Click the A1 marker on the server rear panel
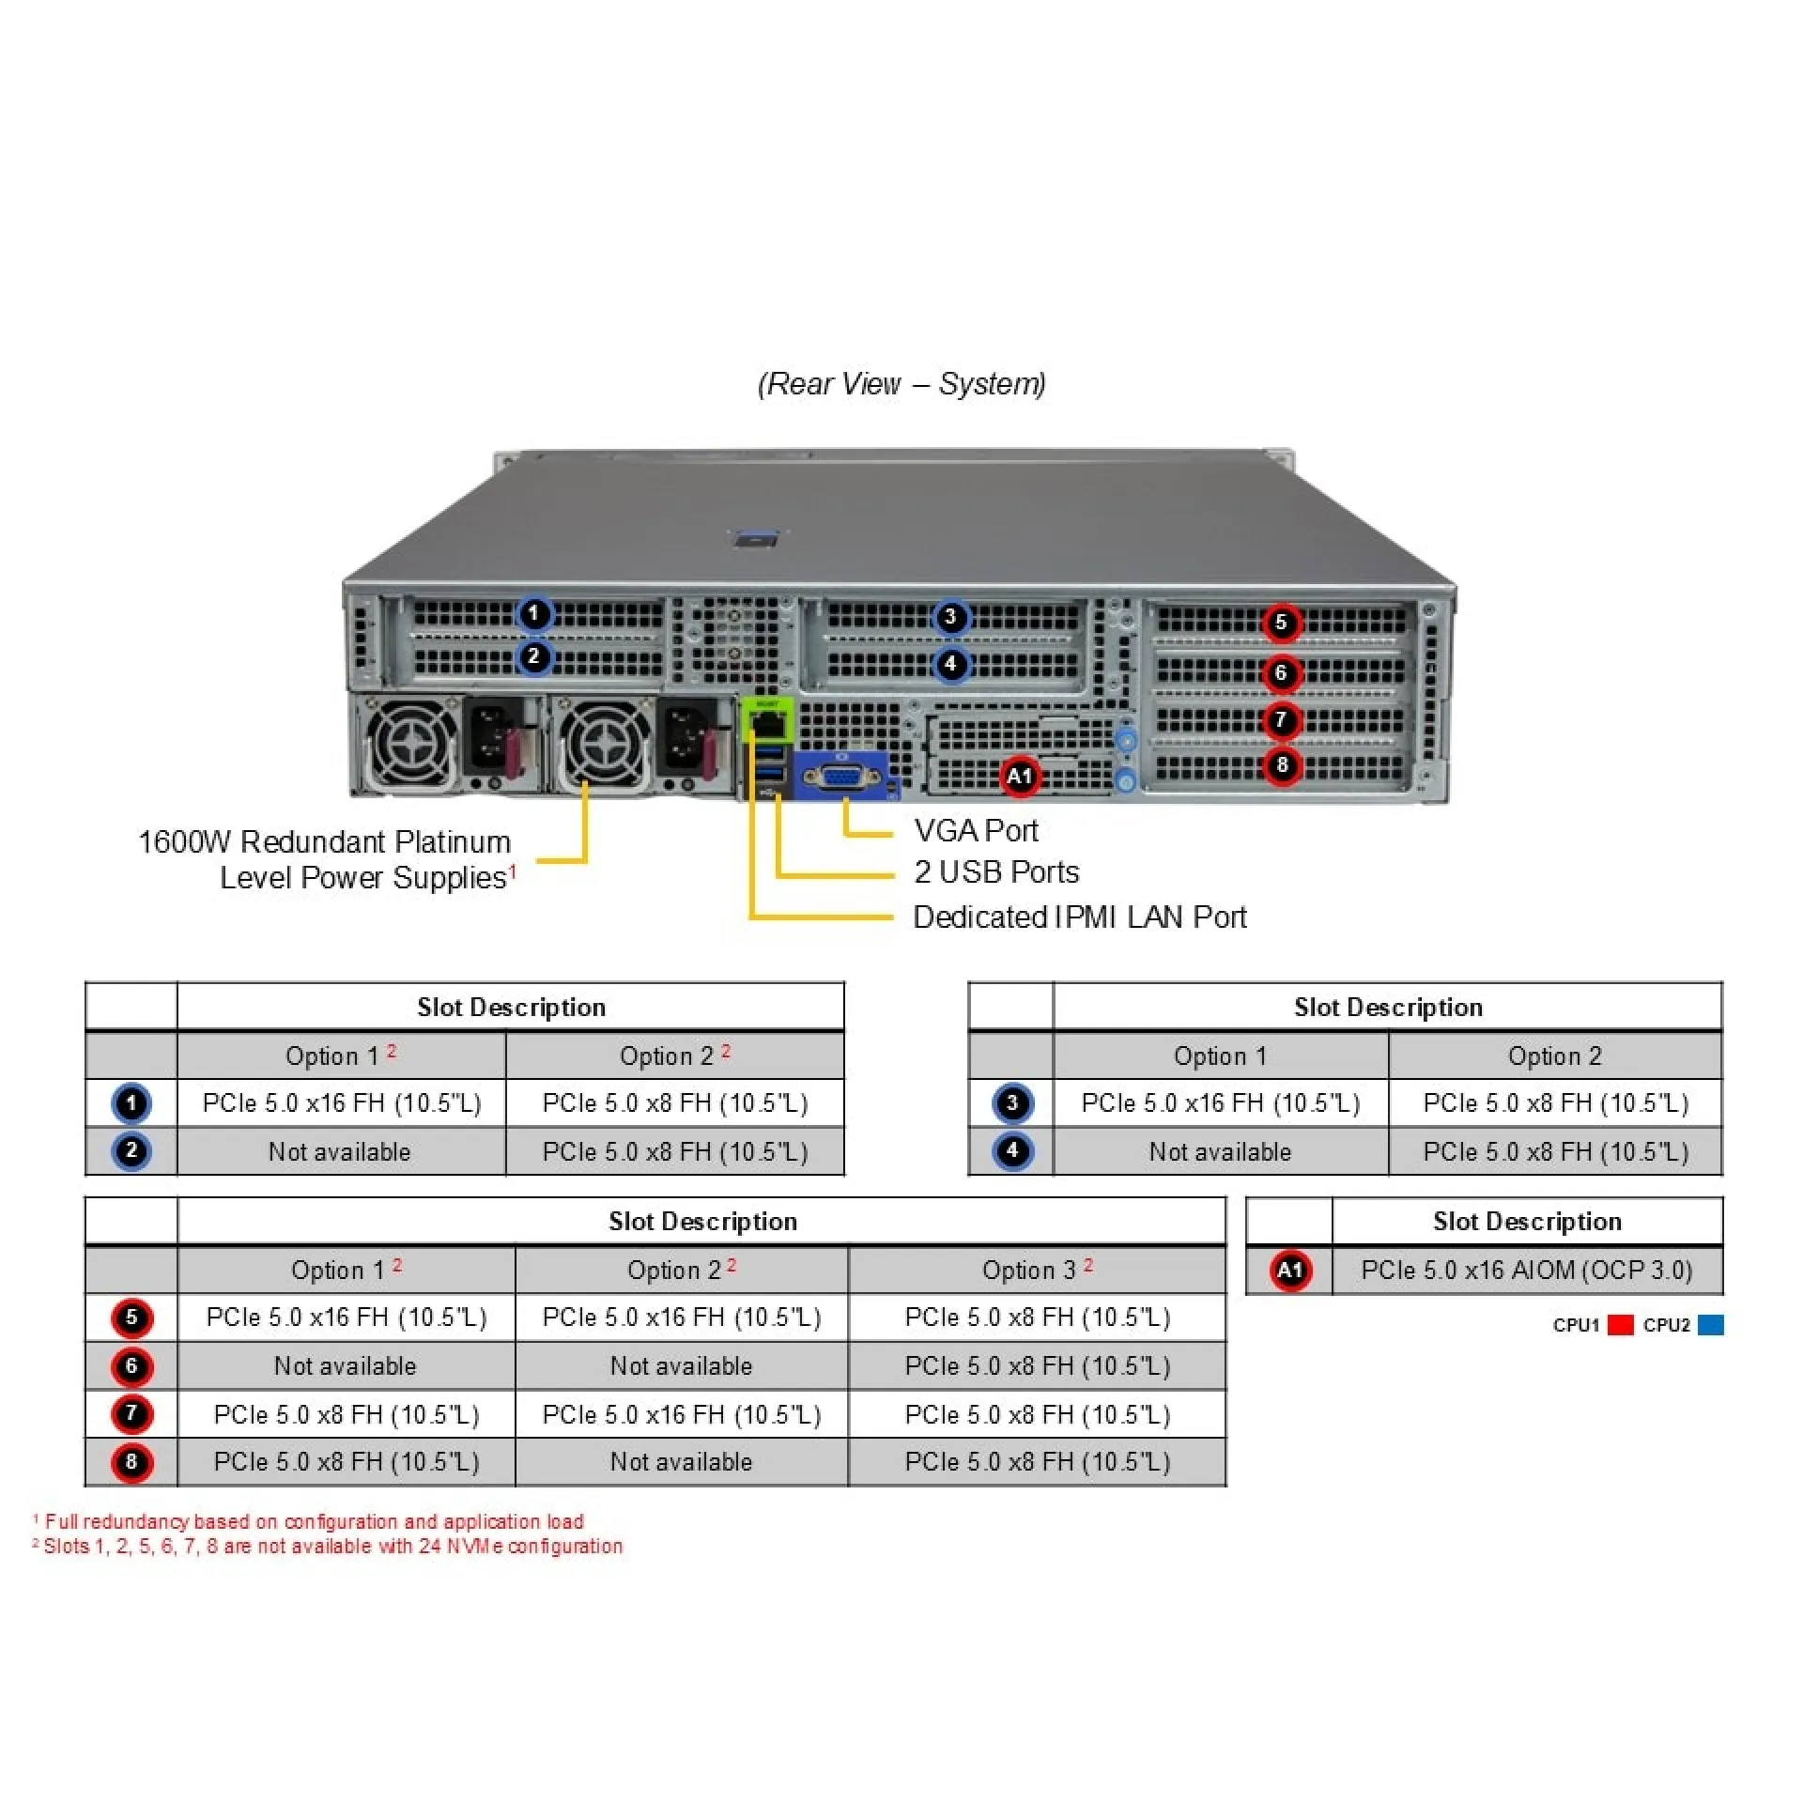tap(1020, 777)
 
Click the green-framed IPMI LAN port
tap(768, 721)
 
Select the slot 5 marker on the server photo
tap(1281, 623)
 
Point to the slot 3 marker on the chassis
tap(950, 617)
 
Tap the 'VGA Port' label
tap(976, 830)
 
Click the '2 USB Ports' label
tap(996, 872)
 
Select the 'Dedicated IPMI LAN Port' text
tap(1079, 917)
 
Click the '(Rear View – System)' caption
tap(901, 383)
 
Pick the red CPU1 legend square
tap(1620, 1325)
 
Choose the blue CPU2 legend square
tap(1710, 1325)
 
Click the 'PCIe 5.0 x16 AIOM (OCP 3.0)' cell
tap(1526, 1271)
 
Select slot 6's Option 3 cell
tap(1037, 1366)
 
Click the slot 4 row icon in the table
tap(1012, 1151)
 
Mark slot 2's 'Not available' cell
tap(340, 1151)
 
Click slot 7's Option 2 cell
tap(682, 1414)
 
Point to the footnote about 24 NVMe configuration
tap(329, 1547)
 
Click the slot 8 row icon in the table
tap(131, 1462)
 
